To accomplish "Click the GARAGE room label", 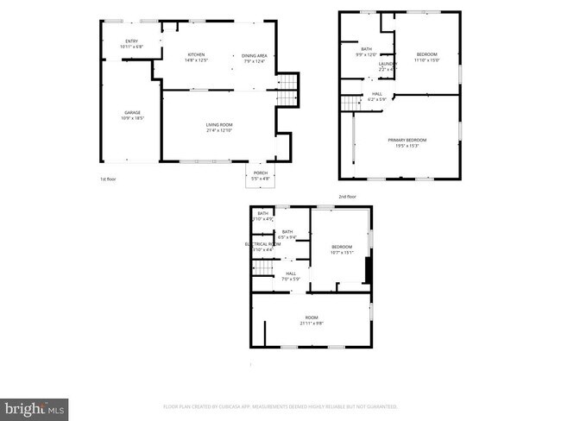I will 132,113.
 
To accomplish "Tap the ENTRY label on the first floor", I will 132,41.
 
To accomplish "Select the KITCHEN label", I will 197,54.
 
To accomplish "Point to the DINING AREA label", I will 255,55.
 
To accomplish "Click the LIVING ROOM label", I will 218,125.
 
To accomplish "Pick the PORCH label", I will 260,173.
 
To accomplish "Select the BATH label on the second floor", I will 367,49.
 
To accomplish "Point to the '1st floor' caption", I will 107,179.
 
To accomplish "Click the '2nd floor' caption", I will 346,197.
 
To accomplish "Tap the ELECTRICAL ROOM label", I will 262,244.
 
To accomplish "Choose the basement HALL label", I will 291,273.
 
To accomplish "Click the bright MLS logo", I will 35,405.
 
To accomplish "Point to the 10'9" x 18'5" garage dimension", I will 132,118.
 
